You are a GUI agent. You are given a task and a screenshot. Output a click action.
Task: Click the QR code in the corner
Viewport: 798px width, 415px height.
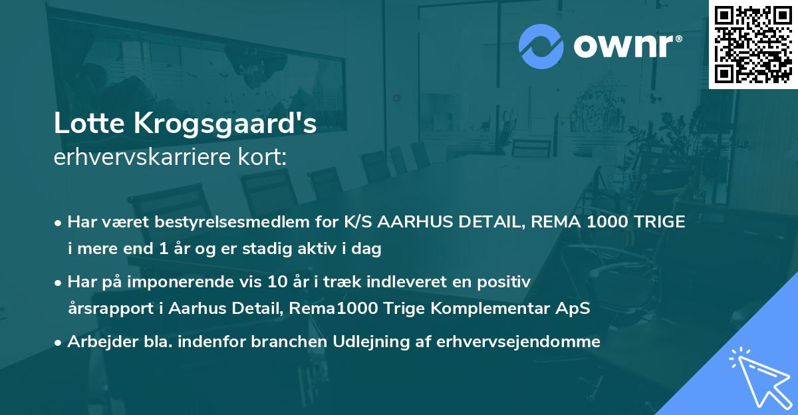[753, 44]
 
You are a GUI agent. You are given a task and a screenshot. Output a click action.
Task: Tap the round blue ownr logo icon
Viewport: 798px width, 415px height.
[541, 46]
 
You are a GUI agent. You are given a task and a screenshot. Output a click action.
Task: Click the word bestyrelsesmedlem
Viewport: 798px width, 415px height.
[239, 222]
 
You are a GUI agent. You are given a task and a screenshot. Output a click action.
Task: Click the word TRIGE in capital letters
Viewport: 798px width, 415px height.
[658, 222]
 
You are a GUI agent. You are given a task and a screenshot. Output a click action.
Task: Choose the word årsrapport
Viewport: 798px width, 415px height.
[106, 310]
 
